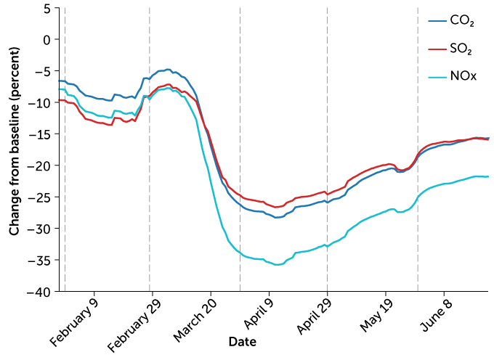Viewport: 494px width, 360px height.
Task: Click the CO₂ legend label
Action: (x=462, y=22)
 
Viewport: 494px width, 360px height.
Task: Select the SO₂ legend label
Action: (x=462, y=49)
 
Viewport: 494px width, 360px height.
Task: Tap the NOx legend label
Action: (x=463, y=76)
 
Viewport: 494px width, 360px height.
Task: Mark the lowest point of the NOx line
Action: (x=277, y=265)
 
